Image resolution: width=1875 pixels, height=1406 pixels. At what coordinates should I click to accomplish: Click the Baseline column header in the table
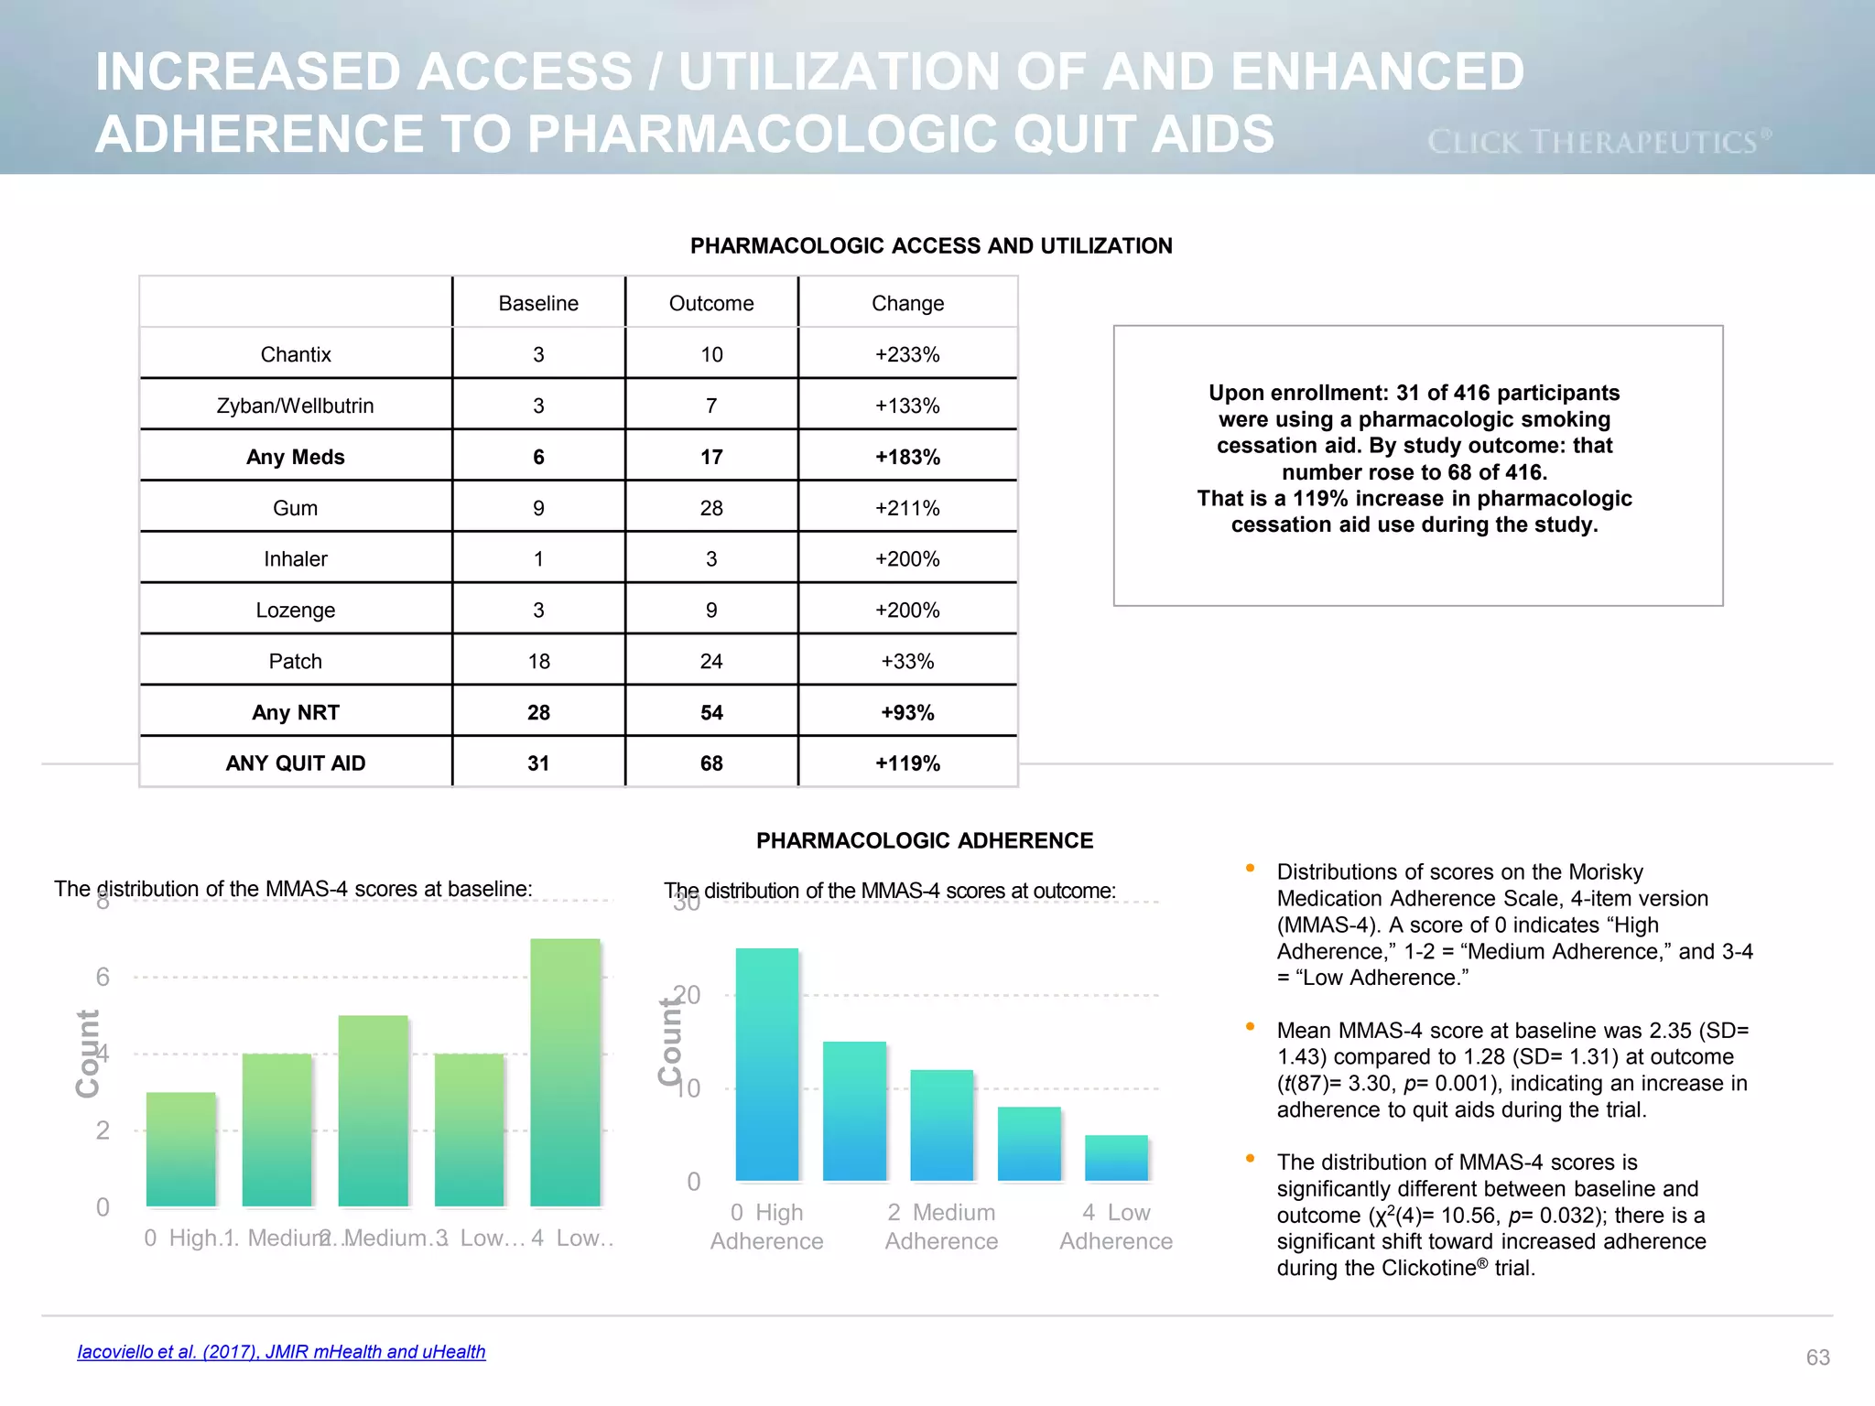(x=538, y=303)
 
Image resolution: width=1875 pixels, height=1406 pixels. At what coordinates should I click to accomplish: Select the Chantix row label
(x=295, y=354)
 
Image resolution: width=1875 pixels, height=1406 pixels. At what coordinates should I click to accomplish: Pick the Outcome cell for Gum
(x=711, y=508)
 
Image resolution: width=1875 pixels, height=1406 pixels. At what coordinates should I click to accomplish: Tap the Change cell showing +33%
(x=907, y=661)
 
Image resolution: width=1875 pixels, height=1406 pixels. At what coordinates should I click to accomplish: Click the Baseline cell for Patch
(x=538, y=661)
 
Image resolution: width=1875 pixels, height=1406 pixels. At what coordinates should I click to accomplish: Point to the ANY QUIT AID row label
(x=295, y=763)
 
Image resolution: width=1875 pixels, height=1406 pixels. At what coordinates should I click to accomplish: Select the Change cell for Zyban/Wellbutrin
(x=907, y=406)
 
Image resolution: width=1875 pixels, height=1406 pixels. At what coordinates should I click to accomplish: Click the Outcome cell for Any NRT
(x=711, y=712)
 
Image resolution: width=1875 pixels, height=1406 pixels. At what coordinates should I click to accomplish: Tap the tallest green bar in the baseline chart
(x=565, y=1071)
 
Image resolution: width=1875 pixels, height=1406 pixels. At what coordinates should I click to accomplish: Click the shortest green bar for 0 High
(x=181, y=1149)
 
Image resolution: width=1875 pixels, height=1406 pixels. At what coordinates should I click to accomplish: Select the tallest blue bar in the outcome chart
(x=767, y=1064)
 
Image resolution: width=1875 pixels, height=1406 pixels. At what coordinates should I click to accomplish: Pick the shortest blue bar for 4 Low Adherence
(x=1116, y=1158)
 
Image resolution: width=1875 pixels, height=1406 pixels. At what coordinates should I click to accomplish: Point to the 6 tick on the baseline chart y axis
(x=103, y=977)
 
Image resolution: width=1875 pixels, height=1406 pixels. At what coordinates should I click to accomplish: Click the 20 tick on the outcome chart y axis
(x=687, y=995)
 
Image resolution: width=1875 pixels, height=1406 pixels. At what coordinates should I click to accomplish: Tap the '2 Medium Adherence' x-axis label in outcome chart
(x=941, y=1227)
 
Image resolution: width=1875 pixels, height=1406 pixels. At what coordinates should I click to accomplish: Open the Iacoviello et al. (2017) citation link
(x=281, y=1352)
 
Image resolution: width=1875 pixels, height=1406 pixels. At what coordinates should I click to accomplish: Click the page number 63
(x=1817, y=1357)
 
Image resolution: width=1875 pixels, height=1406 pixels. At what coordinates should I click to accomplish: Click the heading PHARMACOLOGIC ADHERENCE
(x=925, y=840)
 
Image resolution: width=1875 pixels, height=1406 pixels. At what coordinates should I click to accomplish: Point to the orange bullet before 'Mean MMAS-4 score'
(x=1250, y=1027)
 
